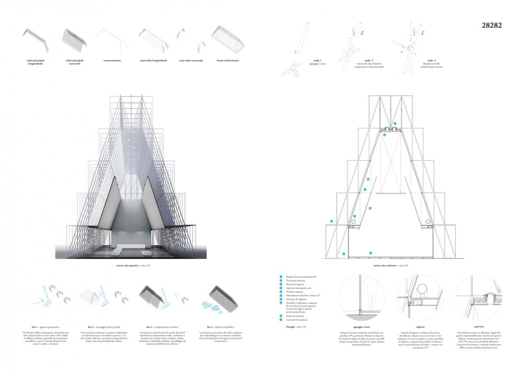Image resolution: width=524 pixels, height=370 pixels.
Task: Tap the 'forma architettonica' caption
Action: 227,61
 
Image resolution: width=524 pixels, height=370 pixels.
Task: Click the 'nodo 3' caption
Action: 431,61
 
